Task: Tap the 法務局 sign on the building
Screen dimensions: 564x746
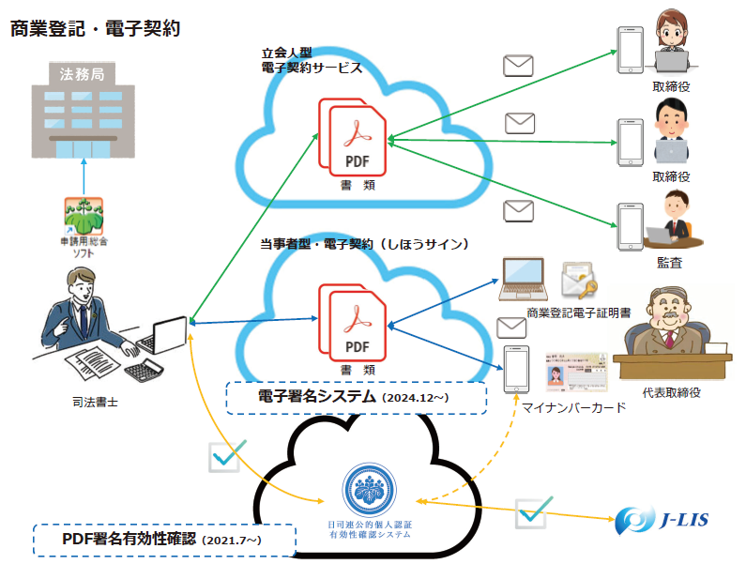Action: click(x=83, y=73)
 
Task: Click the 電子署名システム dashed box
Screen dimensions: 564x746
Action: click(x=357, y=398)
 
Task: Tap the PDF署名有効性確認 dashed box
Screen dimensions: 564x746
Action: click(x=164, y=540)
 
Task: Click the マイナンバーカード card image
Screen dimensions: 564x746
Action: click(x=576, y=372)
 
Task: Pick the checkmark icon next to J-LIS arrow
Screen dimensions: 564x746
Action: click(x=533, y=513)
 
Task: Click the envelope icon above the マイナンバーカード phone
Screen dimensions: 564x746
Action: click(x=511, y=328)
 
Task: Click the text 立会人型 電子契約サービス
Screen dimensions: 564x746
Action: click(x=312, y=61)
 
